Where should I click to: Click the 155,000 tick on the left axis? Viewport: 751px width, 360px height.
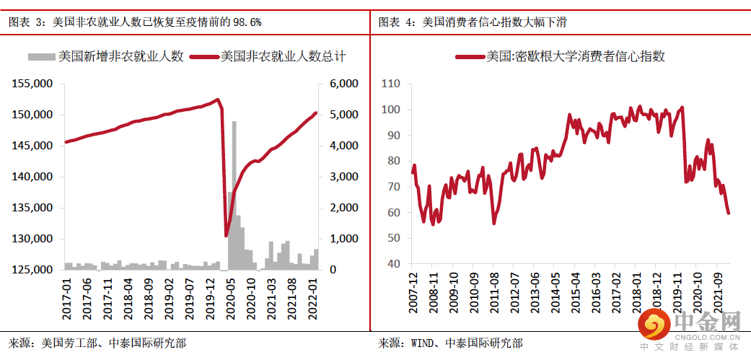[32, 84]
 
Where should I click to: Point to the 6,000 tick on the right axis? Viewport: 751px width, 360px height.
[344, 84]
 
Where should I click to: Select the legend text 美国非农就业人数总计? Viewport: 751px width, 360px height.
[282, 56]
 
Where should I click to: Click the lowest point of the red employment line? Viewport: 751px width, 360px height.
[226, 235]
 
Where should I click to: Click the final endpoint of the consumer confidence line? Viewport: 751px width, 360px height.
[729, 213]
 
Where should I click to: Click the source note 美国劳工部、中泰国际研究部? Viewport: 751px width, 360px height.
[97, 343]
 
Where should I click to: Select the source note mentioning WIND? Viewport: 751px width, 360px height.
[451, 343]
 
